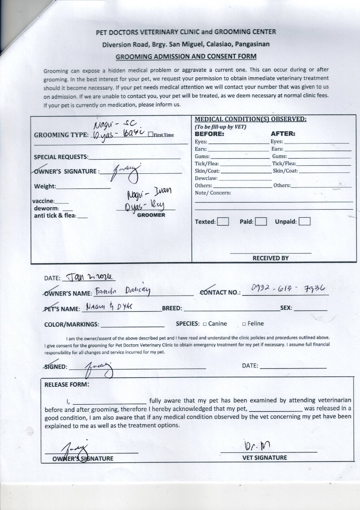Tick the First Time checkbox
(x=150, y=135)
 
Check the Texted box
(x=223, y=221)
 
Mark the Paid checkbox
(x=261, y=221)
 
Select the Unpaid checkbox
(x=304, y=221)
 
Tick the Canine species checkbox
(x=205, y=324)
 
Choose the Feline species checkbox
(x=244, y=324)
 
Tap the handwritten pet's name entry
(x=109, y=306)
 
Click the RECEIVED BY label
(x=270, y=258)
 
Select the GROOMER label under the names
(x=151, y=215)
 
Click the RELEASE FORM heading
(x=67, y=384)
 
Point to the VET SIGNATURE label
(x=265, y=458)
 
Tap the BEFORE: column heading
(x=209, y=134)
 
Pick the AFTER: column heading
(x=283, y=134)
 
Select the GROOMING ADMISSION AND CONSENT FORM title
(x=186, y=56)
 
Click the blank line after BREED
(x=231, y=309)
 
